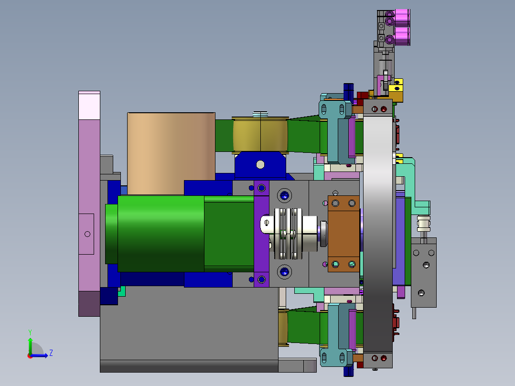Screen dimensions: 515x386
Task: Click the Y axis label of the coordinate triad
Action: [30, 332]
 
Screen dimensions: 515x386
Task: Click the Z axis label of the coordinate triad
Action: [51, 353]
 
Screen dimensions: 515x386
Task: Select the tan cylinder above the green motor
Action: [171, 153]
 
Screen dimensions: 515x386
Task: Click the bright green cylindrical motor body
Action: [161, 234]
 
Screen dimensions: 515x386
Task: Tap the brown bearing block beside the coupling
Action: [343, 234]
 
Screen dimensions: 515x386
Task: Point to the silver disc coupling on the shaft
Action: [289, 234]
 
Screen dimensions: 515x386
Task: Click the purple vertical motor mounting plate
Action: [261, 234]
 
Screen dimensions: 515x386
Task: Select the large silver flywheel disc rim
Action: [378, 234]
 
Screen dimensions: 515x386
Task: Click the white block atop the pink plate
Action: [89, 105]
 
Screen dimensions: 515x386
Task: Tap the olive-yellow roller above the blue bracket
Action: [260, 135]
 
